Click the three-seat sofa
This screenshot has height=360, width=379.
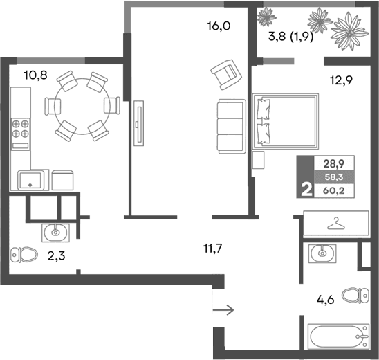pyautogui.click(x=228, y=127)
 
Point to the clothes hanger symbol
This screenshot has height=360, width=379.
pyautogui.click(x=336, y=224)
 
